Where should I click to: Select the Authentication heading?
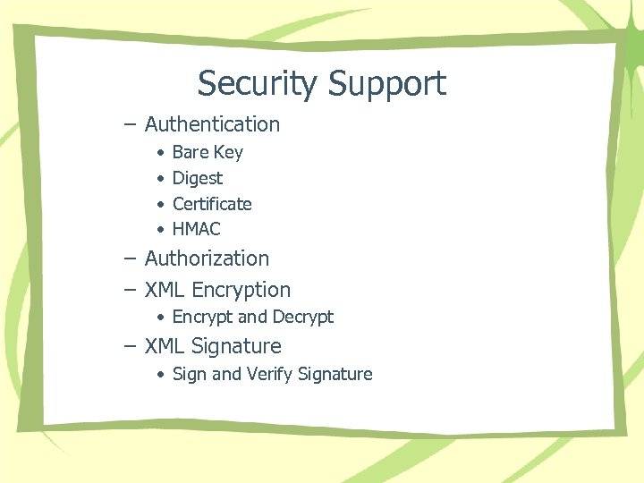[x=212, y=124]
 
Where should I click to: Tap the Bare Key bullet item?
[x=208, y=152]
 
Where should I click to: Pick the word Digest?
[x=198, y=178]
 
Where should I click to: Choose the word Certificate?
[x=212, y=204]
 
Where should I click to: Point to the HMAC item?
[x=196, y=229]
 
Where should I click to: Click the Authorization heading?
[x=207, y=258]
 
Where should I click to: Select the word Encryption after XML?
[x=241, y=290]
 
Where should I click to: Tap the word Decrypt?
[x=303, y=317]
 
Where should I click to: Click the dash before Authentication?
[x=131, y=124]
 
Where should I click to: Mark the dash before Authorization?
[x=131, y=258]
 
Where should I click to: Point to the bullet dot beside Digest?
[x=158, y=178]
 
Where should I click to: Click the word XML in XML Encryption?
[x=165, y=290]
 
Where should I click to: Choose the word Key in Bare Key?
[x=228, y=152]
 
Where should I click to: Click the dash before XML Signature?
[x=131, y=346]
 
